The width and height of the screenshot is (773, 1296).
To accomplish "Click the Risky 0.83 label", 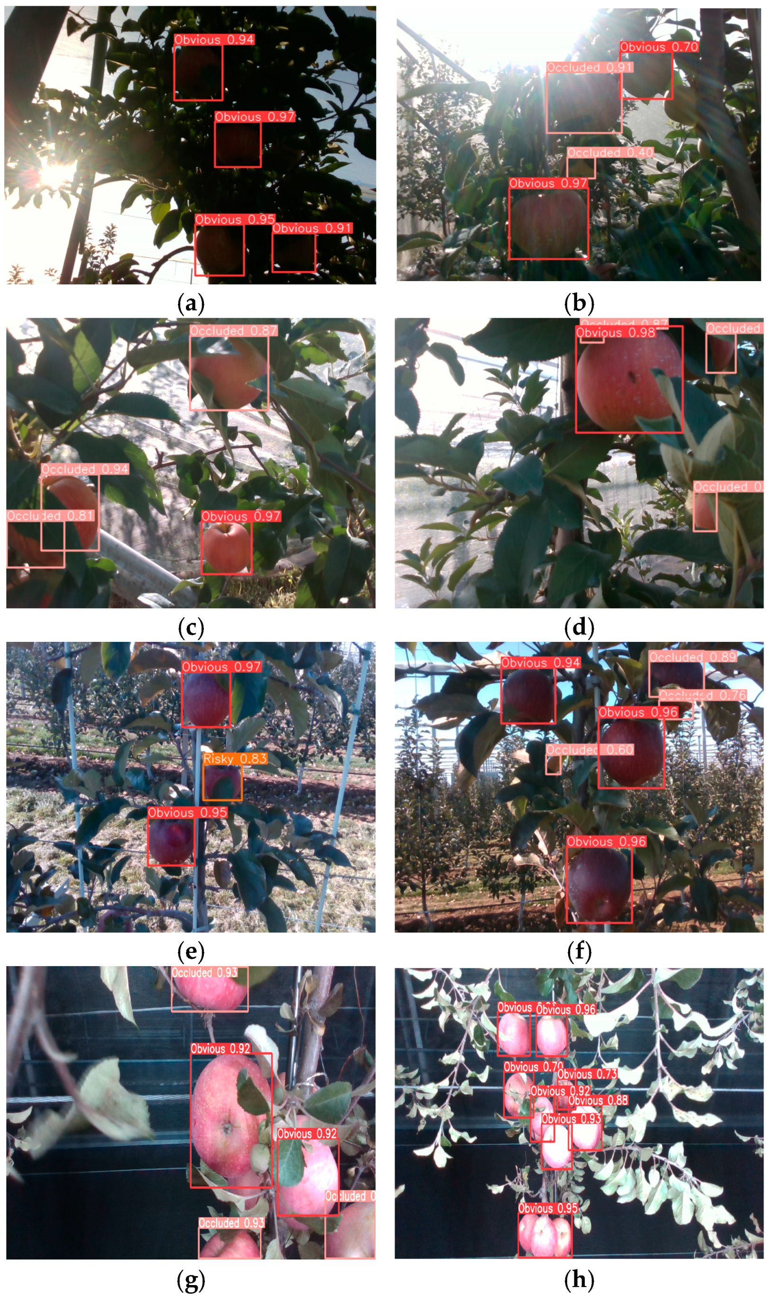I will [x=235, y=758].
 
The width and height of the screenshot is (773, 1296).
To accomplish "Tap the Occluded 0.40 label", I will [x=609, y=153].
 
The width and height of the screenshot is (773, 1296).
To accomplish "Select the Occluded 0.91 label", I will [x=589, y=67].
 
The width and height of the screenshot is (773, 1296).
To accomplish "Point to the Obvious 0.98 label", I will [x=615, y=332].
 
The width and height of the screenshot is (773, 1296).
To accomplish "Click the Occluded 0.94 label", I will [x=85, y=469].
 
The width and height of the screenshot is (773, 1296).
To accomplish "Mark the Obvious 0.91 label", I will [x=312, y=228].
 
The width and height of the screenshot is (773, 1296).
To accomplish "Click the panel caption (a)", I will [x=191, y=303].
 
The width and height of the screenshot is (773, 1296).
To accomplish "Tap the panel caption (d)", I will [x=579, y=628].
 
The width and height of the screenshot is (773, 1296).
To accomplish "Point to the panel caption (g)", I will [x=191, y=1279].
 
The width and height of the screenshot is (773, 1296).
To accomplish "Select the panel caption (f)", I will [x=579, y=952].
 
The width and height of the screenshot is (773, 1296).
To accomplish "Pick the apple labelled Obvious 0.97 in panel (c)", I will [x=226, y=547].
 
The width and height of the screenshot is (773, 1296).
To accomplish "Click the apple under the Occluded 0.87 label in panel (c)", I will [x=229, y=372].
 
